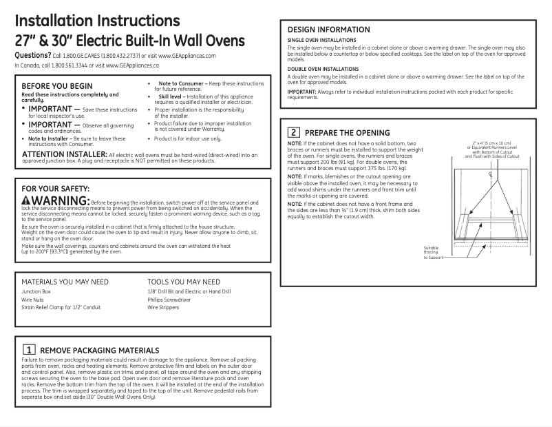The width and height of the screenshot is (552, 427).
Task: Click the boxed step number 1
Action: (29, 351)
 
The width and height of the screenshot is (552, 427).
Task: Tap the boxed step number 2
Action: (294, 132)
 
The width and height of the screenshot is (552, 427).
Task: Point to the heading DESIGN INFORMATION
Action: (328, 30)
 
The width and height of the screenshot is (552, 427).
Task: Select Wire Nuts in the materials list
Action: (32, 300)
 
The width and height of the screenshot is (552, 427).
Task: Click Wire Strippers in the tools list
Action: (163, 307)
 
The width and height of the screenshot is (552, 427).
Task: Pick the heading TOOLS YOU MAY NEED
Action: (184, 282)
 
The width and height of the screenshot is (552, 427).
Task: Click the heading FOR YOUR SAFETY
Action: (56, 188)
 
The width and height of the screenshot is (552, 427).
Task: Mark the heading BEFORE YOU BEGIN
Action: (57, 85)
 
